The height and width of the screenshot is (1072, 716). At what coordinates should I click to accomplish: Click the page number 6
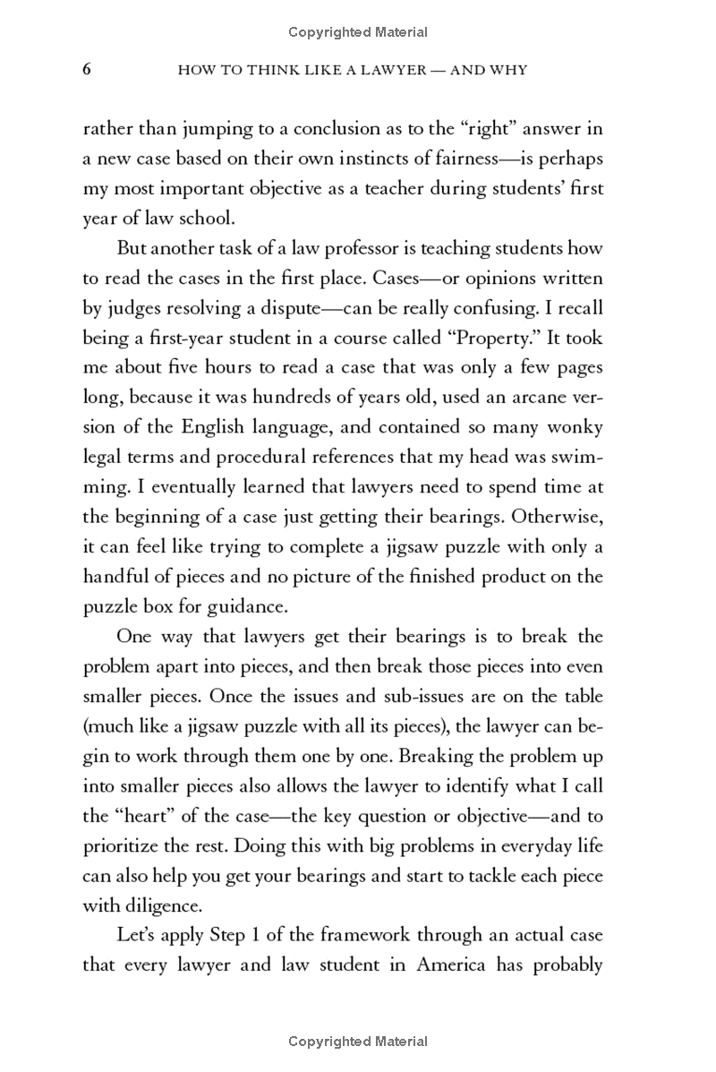pyautogui.click(x=88, y=70)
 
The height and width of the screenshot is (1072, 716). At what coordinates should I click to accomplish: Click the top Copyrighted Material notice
pyautogui.click(x=358, y=32)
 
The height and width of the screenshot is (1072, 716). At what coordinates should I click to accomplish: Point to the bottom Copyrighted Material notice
pyautogui.click(x=358, y=1042)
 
